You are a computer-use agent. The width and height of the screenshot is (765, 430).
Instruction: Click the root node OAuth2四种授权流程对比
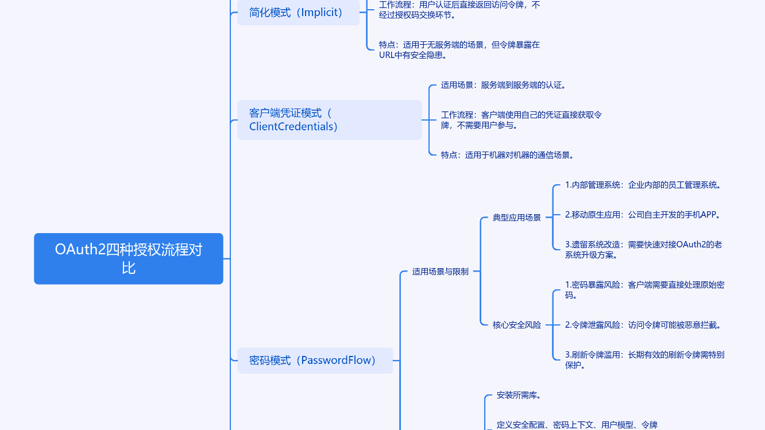point(129,258)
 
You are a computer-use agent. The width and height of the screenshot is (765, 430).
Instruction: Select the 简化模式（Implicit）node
point(298,13)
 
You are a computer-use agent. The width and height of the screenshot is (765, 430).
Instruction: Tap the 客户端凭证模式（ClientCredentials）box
point(329,120)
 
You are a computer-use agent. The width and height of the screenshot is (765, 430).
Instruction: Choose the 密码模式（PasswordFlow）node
point(315,361)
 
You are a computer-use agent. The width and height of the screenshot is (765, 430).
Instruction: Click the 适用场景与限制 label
point(441,272)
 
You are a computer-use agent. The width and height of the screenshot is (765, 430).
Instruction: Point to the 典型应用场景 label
point(517,218)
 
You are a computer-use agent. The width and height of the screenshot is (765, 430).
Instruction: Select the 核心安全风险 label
point(517,325)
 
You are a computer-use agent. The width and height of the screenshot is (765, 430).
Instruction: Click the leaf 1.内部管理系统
point(643,185)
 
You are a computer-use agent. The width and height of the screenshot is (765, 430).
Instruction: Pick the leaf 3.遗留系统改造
point(643,250)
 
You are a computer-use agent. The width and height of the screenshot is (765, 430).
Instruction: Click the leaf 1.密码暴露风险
point(644,290)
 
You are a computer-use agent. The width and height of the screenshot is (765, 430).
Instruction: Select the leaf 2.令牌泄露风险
point(643,325)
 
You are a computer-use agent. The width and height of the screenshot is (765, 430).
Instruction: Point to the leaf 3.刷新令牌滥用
point(644,360)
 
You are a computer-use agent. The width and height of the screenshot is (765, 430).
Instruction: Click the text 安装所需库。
point(519,396)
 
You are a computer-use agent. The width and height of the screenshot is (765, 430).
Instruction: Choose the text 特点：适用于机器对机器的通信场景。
point(508,155)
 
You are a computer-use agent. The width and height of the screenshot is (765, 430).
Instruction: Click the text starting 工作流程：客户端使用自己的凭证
point(521,120)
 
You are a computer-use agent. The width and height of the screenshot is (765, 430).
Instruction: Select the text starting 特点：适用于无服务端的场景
point(459,50)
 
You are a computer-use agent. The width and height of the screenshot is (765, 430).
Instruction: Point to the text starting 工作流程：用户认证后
point(459,10)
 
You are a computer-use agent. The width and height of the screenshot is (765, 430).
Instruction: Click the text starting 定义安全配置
point(577,425)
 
